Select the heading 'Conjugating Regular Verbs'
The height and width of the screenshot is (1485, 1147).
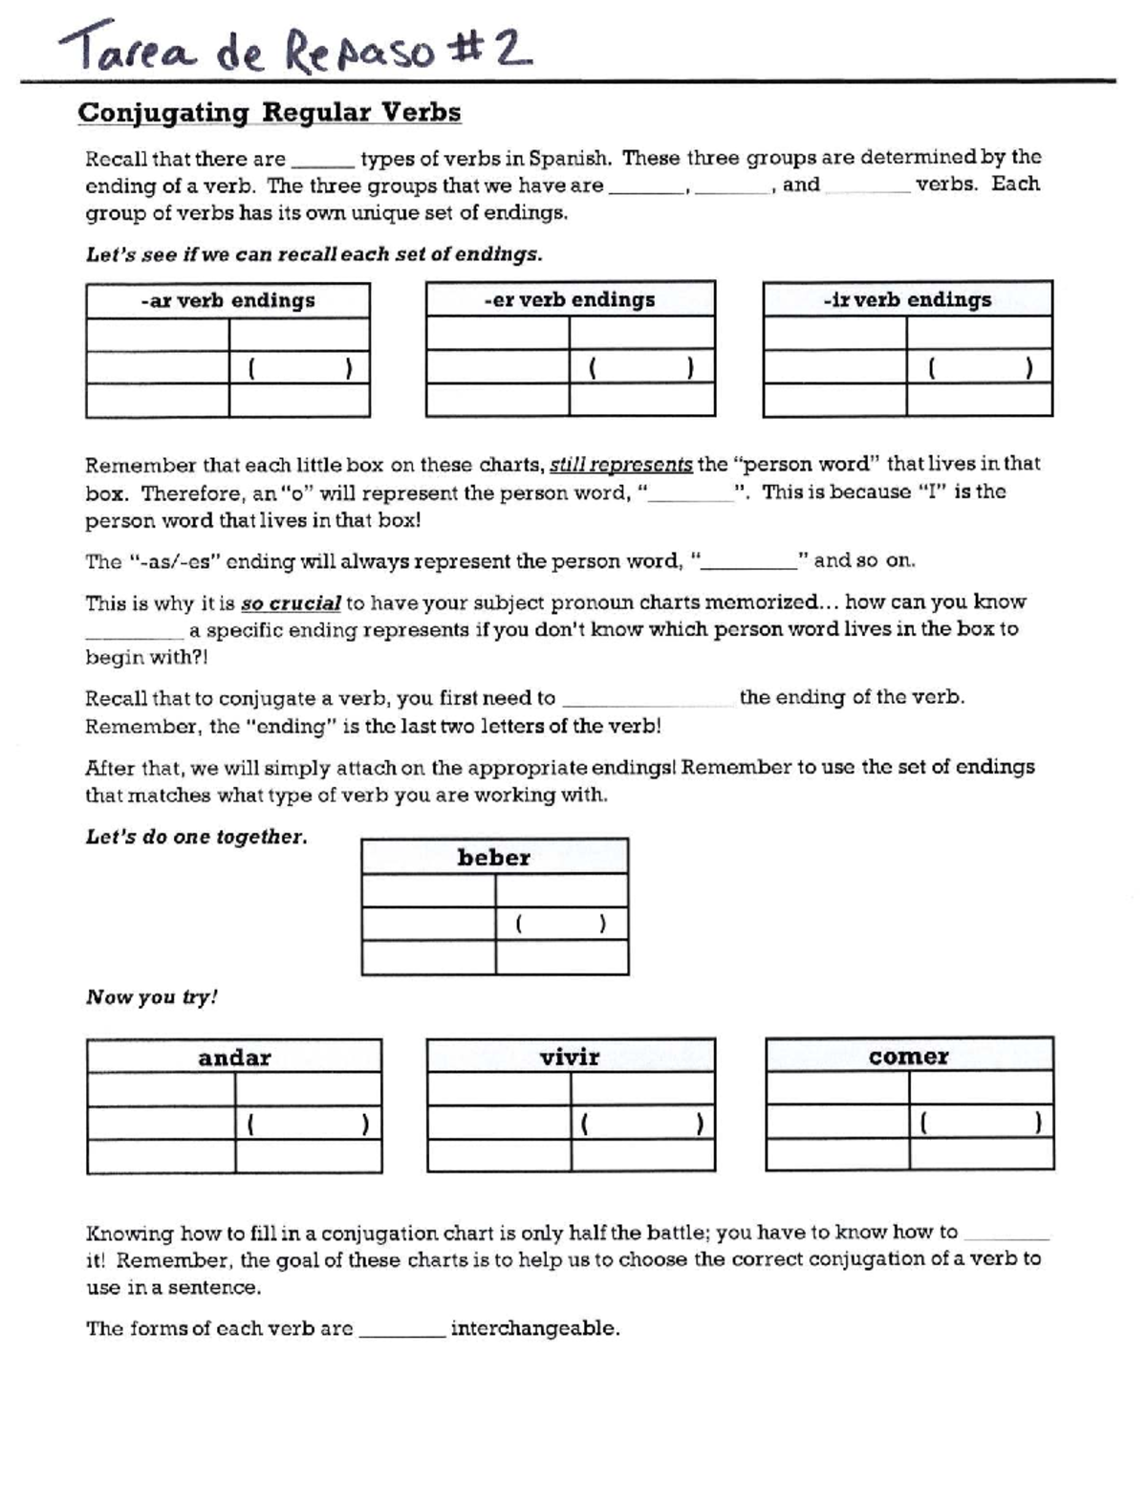[269, 113]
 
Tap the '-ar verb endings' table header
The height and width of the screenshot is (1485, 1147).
[227, 300]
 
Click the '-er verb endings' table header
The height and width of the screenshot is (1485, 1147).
[570, 299]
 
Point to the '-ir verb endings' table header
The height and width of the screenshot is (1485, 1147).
[907, 299]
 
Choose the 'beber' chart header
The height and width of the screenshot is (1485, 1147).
[494, 858]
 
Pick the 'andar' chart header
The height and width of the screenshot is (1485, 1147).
[234, 1058]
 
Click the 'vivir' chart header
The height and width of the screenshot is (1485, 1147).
[570, 1057]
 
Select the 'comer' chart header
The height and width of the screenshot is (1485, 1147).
[909, 1056]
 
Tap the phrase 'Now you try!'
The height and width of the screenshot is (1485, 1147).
[152, 997]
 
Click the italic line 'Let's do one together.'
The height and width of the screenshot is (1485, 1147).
[197, 837]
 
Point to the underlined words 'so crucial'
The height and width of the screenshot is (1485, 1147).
[291, 603]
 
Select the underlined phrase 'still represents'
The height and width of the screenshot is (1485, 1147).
[621, 466]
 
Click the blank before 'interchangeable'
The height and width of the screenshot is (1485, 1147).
[401, 1330]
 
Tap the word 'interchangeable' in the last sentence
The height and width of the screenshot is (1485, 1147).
[534, 1329]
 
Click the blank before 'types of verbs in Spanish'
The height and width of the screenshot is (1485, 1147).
[322, 160]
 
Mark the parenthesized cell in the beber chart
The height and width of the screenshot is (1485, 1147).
[561, 924]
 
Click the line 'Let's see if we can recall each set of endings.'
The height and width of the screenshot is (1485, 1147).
[314, 254]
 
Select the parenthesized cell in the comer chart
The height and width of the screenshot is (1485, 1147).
[980, 1123]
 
